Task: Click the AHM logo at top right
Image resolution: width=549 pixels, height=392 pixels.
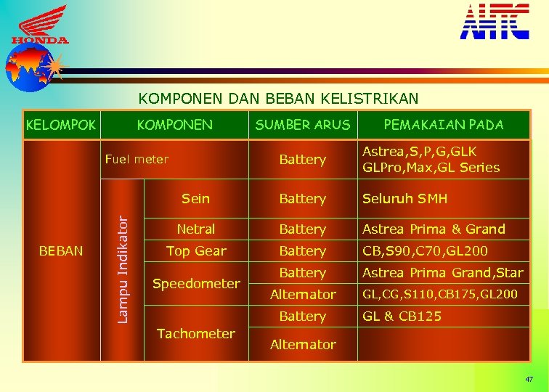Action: (495, 22)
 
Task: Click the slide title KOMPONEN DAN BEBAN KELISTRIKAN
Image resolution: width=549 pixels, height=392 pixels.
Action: (278, 98)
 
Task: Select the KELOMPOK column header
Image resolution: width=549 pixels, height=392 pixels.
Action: (60, 125)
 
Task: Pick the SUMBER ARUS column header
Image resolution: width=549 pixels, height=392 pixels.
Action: (302, 125)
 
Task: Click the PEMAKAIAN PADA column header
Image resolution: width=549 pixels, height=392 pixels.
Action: (443, 125)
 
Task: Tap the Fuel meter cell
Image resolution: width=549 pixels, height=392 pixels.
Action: (137, 159)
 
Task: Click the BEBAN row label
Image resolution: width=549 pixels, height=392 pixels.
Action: (61, 251)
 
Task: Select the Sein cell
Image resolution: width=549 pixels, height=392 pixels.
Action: (195, 198)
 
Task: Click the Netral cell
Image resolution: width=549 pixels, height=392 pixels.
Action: (195, 229)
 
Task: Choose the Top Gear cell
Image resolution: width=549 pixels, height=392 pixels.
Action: (195, 251)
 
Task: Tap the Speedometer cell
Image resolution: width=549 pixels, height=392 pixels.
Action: (196, 284)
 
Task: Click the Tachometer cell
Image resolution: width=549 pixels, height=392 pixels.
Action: (196, 334)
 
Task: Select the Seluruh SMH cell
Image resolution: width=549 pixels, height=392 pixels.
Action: (405, 198)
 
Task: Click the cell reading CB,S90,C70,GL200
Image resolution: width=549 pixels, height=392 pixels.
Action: (425, 251)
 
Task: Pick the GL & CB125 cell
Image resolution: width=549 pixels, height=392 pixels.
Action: (402, 317)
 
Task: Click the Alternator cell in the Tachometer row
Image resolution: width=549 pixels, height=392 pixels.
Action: (303, 345)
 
